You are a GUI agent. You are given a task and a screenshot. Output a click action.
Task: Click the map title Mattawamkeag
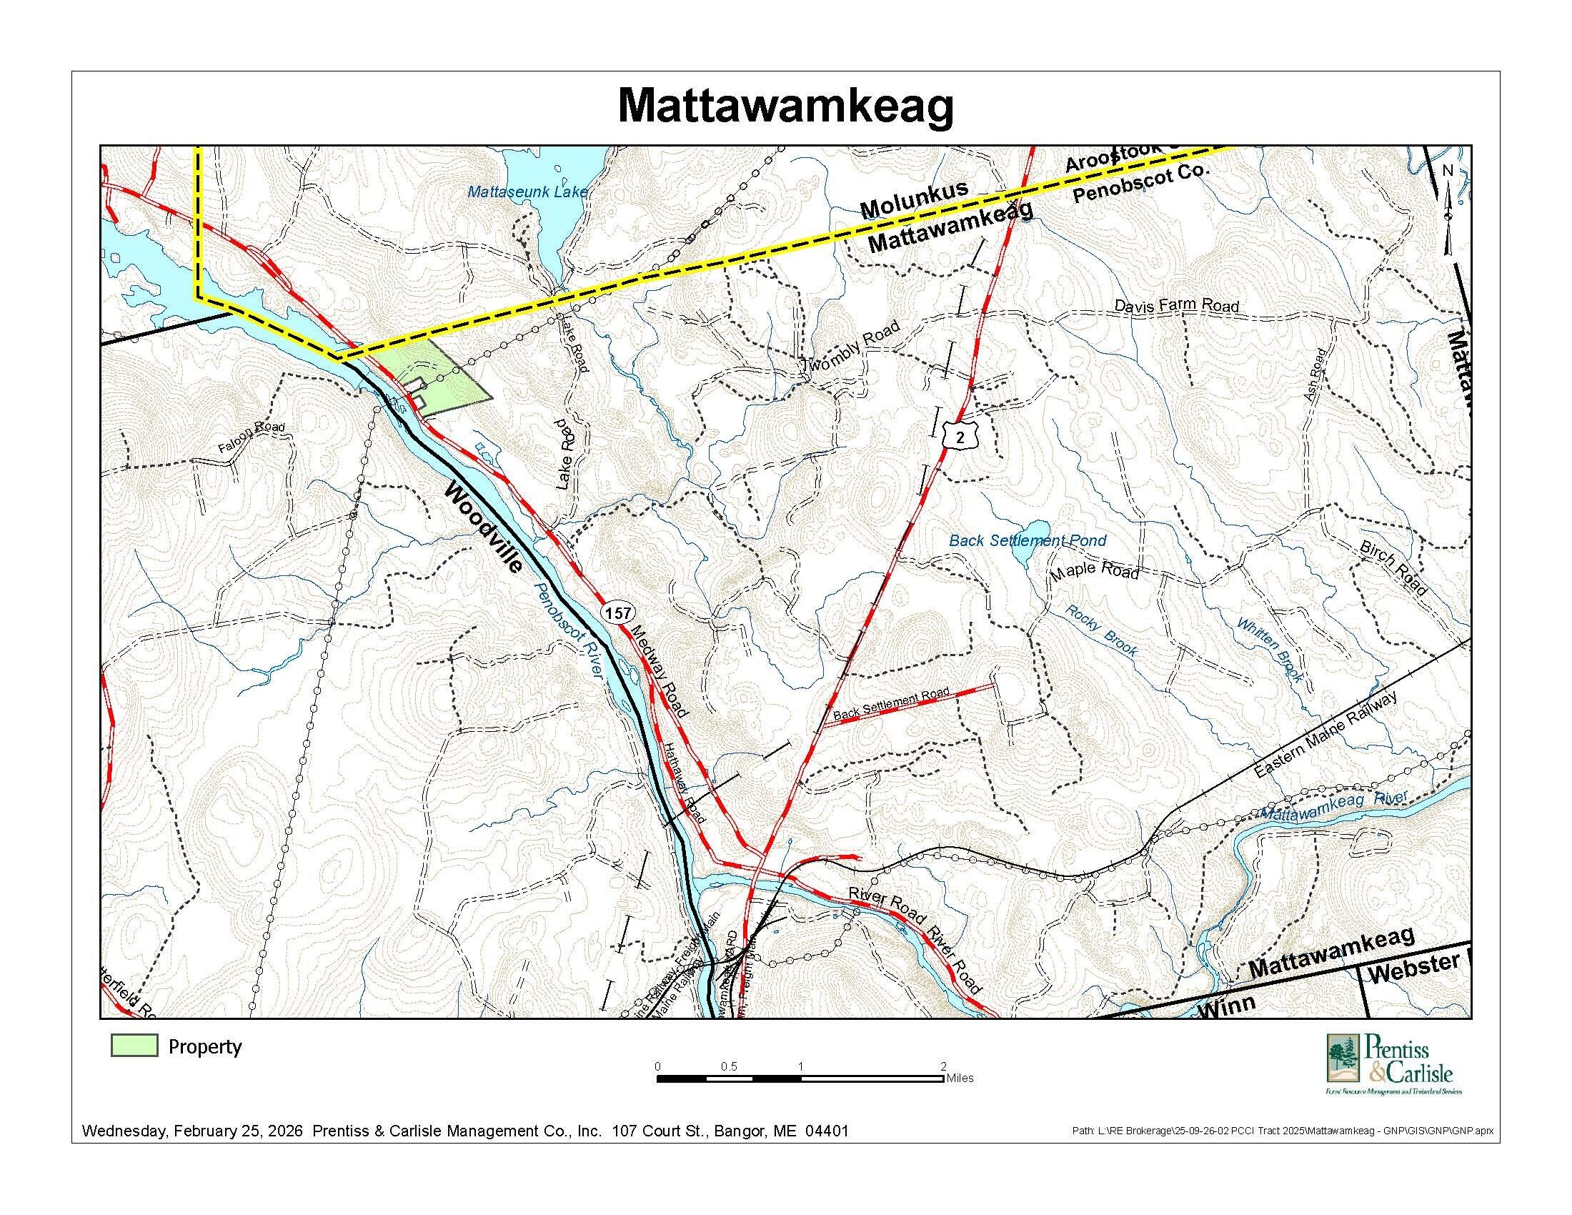point(785,106)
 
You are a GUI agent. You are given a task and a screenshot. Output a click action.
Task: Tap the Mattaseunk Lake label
point(527,192)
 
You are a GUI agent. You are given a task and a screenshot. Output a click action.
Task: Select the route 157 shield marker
point(617,613)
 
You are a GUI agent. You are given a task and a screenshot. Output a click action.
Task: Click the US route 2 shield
point(959,435)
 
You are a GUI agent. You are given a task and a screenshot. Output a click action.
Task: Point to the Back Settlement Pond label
point(1027,540)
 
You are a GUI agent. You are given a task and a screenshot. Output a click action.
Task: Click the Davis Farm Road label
point(1177,305)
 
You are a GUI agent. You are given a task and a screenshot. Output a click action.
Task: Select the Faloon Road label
point(252,438)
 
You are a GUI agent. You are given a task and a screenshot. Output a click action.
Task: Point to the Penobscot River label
point(567,628)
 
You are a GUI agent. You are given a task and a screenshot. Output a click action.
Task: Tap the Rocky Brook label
point(1101,631)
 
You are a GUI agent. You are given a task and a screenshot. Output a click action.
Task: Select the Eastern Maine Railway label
point(1324,735)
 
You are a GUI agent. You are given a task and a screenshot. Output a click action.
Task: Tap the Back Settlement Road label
point(890,705)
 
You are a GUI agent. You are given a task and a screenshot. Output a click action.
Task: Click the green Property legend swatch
point(134,1046)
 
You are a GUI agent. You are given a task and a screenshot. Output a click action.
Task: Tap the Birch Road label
point(1393,567)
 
